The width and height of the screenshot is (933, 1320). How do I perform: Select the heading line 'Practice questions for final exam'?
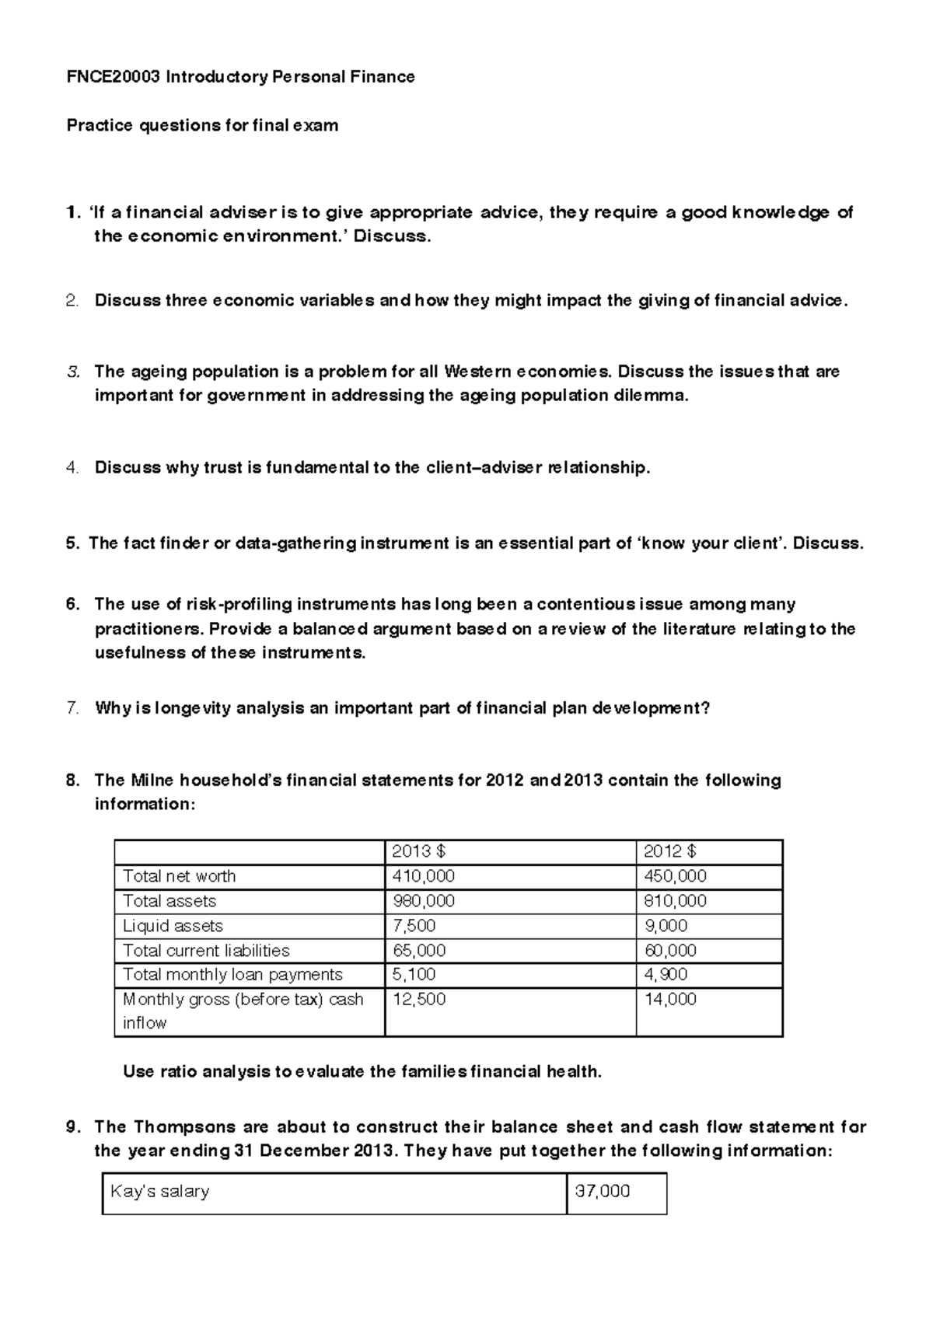tap(202, 125)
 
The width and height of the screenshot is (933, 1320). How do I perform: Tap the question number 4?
tap(72, 468)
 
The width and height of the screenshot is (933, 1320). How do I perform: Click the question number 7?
tap(72, 708)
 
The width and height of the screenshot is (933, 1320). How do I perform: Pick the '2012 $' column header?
tap(670, 851)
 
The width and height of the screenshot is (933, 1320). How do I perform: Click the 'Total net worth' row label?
tap(180, 876)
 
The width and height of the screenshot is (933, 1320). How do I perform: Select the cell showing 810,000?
tap(675, 901)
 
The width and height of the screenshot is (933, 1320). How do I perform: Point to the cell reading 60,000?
tap(670, 951)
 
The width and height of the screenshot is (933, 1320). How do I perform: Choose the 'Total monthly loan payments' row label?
tap(232, 975)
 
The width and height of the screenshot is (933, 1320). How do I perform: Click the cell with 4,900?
tap(666, 975)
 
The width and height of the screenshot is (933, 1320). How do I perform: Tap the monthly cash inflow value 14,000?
tap(670, 1000)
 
